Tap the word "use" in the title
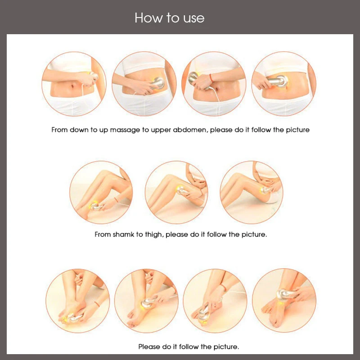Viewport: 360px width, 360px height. tap(194, 18)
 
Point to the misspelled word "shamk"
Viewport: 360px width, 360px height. tap(123, 234)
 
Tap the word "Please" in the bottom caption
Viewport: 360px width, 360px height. tap(149, 346)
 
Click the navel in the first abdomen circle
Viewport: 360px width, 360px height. tap(72, 86)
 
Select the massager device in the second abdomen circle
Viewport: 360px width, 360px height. tap(157, 83)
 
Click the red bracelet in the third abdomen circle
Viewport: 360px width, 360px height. tap(211, 78)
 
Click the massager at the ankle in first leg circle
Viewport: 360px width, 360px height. tap(95, 207)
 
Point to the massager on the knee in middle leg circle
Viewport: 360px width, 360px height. tap(181, 190)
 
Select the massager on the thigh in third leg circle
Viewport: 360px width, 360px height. tap(265, 190)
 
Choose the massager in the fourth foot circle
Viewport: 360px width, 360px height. tap(286, 295)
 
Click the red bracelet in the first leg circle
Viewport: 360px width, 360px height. tap(116, 199)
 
